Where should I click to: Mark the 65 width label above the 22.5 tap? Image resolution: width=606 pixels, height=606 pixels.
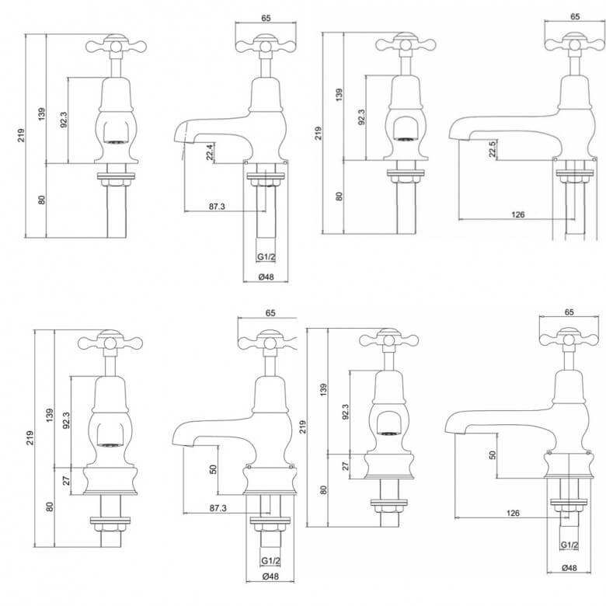[575, 16]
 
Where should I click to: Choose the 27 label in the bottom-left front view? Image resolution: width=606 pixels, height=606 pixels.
[67, 480]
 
